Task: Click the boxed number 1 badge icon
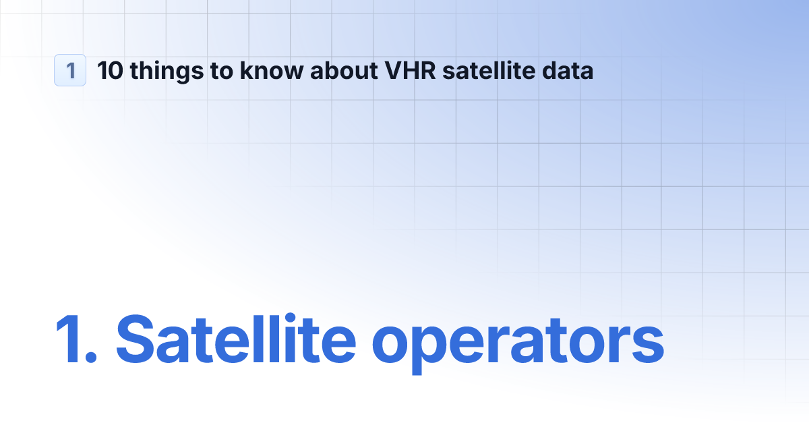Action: click(70, 70)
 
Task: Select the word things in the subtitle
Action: click(158, 71)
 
